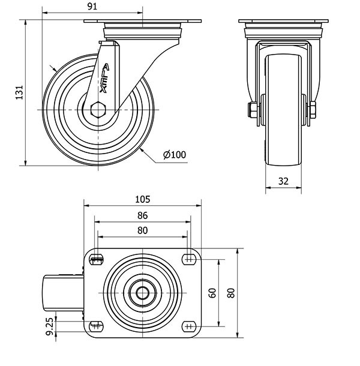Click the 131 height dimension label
click(19, 92)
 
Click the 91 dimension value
click(92, 7)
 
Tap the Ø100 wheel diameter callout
click(175, 155)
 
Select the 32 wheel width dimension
click(283, 181)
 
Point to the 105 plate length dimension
click(143, 199)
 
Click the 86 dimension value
click(142, 215)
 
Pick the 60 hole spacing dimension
click(212, 293)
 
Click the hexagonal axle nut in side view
click(98, 109)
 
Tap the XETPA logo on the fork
click(104, 78)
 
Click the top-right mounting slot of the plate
click(189, 259)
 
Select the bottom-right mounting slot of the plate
click(189, 326)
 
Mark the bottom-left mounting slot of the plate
click(96, 326)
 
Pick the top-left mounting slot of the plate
click(96, 259)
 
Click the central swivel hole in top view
click(142, 293)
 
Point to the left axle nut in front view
click(252, 109)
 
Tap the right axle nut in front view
click(313, 109)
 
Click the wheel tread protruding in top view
click(63, 293)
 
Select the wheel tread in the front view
click(283, 110)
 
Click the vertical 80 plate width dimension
click(231, 293)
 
